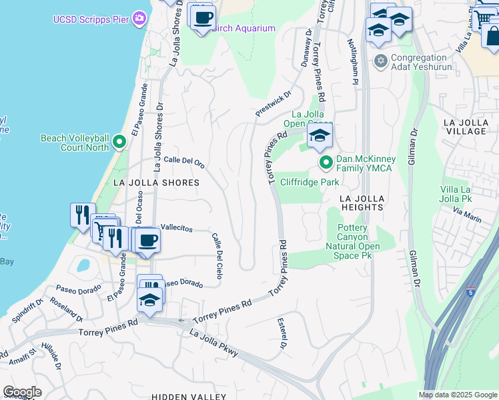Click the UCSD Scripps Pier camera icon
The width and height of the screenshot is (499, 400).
click(139, 17)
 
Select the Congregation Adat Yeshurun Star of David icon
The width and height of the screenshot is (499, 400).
click(381, 61)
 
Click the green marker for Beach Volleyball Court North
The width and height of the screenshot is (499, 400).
click(119, 142)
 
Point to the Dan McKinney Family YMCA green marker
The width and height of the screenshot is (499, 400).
click(326, 163)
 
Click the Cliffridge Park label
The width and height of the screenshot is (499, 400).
click(310, 181)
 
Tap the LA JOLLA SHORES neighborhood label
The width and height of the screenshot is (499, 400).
click(156, 182)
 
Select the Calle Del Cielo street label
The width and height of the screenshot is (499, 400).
click(217, 255)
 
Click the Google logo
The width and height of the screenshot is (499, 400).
click(22, 392)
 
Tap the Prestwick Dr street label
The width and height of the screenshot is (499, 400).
click(274, 104)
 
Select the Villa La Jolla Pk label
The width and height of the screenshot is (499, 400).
click(456, 193)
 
